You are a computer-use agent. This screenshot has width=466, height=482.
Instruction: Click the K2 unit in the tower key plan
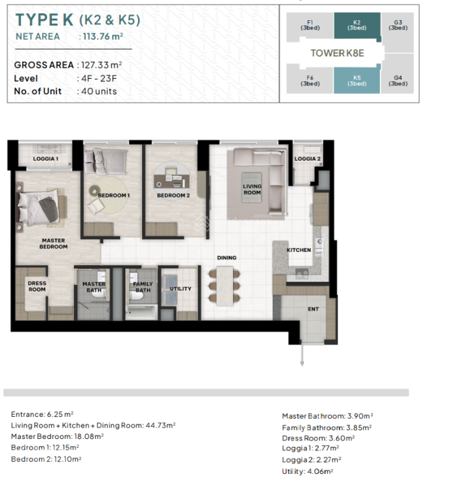pos(358,26)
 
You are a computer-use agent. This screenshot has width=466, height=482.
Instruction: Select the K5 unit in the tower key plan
pos(357,81)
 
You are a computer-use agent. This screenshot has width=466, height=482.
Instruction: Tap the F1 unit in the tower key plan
pos(310,26)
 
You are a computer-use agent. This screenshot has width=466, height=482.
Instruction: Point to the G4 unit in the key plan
pos(397,81)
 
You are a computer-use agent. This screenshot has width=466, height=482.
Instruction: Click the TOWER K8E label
pos(337,53)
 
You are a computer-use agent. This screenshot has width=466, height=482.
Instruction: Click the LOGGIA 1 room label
pos(46,159)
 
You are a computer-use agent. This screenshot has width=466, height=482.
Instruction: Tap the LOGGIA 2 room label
pos(307,159)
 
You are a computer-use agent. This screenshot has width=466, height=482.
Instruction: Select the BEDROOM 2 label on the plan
pos(173,195)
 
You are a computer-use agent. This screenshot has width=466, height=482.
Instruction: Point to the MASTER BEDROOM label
pos(53,243)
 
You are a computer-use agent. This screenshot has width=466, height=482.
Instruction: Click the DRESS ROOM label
pos(37,286)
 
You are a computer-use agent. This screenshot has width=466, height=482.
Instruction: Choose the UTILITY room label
pos(180,288)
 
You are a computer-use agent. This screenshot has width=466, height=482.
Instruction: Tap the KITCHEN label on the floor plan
pos(299,250)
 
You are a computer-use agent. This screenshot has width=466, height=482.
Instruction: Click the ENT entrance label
pos(313,309)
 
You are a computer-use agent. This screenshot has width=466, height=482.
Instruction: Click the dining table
pos(224,286)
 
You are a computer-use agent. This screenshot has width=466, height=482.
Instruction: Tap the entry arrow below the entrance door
pos(302,354)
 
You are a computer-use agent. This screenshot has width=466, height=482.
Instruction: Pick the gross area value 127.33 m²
pos(102,65)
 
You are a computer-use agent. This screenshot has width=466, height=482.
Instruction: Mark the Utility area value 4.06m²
pos(320,471)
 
